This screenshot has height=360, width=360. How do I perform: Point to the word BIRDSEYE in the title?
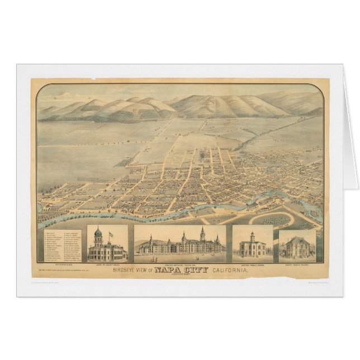[125, 271]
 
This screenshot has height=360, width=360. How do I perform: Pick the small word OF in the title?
[154, 272]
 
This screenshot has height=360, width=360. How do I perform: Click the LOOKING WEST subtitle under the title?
[180, 276]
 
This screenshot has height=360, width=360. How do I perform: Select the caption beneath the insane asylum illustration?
[180, 266]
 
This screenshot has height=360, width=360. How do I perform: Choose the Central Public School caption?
[252, 266]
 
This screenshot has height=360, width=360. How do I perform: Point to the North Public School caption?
[297, 266]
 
